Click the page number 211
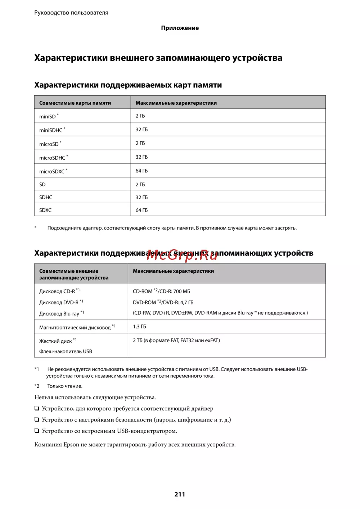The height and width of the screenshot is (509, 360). (x=180, y=494)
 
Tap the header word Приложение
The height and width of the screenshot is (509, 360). (x=180, y=28)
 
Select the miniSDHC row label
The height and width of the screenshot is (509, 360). (x=51, y=130)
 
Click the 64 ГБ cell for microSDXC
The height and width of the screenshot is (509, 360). (x=141, y=171)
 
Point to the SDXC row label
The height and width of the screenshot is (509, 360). (x=45, y=210)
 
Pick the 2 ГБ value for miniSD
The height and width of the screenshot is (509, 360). (x=140, y=116)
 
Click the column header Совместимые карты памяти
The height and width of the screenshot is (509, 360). (x=75, y=103)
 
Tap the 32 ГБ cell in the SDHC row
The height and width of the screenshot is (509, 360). (x=141, y=197)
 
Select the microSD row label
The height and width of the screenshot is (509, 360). (x=49, y=144)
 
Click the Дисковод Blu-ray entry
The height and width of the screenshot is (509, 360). (x=59, y=314)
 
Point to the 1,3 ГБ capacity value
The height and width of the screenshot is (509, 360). (x=139, y=327)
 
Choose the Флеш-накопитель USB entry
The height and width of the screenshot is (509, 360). (x=66, y=351)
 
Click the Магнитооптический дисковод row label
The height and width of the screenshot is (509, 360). (x=75, y=327)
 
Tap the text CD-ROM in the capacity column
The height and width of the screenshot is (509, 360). (x=143, y=291)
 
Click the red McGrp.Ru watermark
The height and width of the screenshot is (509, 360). (x=182, y=255)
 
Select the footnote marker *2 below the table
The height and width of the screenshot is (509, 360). (x=37, y=386)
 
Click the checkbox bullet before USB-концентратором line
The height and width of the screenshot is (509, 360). (x=37, y=431)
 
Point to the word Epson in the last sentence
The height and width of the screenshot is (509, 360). (x=71, y=445)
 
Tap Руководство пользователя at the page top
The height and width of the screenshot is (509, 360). (x=71, y=13)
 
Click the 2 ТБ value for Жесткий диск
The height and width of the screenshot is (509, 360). (x=138, y=340)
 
